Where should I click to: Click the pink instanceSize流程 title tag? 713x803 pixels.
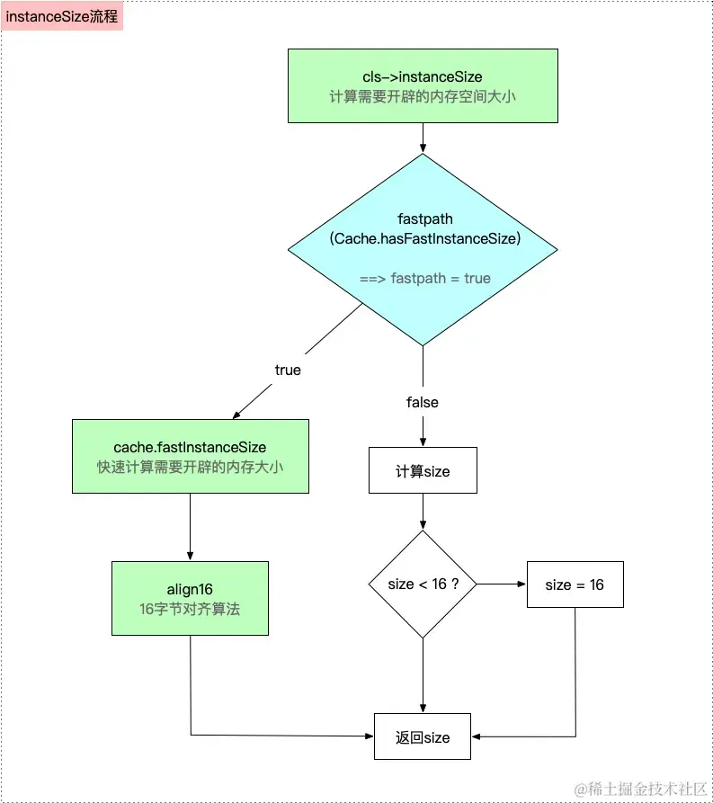[x=62, y=16]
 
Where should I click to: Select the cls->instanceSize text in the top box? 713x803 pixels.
[x=423, y=76]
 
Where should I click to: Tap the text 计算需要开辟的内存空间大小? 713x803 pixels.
[x=423, y=97]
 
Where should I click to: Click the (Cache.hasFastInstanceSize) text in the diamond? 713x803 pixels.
[x=424, y=238]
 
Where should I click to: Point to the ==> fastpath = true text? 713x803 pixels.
[x=425, y=278]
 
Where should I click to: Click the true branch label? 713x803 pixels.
[x=288, y=370]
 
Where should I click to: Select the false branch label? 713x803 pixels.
[x=423, y=403]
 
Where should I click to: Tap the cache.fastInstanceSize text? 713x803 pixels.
[x=190, y=448]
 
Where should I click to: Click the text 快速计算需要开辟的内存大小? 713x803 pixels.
[x=190, y=467]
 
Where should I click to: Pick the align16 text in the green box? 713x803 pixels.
[x=190, y=590]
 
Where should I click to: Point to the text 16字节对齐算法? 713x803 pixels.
[x=190, y=609]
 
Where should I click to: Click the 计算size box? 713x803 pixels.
[x=423, y=470]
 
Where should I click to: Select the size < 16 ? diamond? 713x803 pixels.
[x=423, y=584]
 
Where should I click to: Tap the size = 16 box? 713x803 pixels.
[x=575, y=584]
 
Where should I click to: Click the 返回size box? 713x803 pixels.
[x=423, y=736]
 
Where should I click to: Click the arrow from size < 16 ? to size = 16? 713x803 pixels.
[x=502, y=584]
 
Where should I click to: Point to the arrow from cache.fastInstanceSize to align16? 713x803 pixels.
[x=190, y=527]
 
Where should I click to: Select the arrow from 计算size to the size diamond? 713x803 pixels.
[x=423, y=512]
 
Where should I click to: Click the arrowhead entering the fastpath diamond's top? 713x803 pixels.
[x=423, y=149]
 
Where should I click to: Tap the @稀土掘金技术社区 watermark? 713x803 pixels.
[x=640, y=789]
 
